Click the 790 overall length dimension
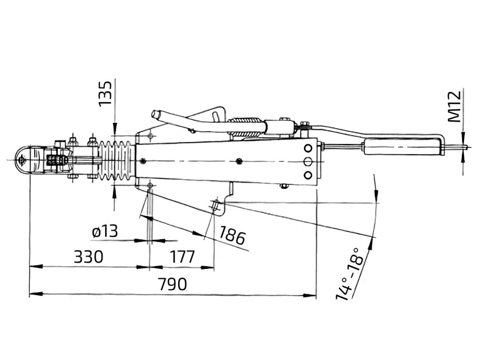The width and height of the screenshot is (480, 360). (x=172, y=285)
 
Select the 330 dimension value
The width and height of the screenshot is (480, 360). (x=89, y=257)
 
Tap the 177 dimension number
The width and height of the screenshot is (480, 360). (x=182, y=257)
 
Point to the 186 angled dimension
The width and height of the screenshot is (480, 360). (x=232, y=235)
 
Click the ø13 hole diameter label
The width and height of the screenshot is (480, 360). (x=105, y=232)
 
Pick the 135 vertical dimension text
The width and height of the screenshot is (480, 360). (x=105, y=94)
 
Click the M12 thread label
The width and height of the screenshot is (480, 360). (x=454, y=106)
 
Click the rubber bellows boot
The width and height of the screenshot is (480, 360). (x=116, y=161)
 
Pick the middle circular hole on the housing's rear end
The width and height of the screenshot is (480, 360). (x=308, y=161)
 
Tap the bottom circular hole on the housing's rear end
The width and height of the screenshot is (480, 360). (x=308, y=175)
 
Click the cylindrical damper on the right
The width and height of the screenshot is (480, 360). (x=404, y=147)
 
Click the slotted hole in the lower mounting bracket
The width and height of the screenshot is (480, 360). (x=215, y=205)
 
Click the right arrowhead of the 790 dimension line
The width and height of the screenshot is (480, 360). (x=309, y=295)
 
